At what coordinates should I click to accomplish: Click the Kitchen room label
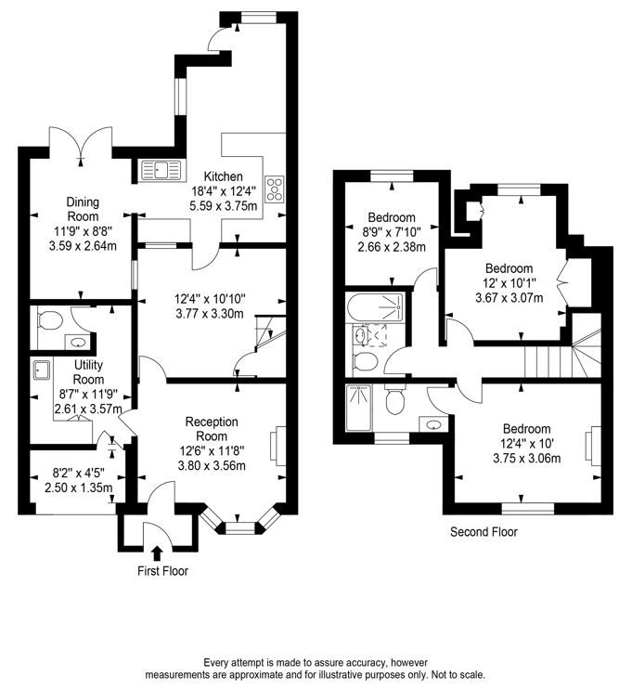coord(223,176)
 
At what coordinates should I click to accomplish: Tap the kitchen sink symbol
coord(161,170)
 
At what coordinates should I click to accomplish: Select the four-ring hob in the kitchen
coord(275,189)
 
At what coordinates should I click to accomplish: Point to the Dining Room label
coord(83,209)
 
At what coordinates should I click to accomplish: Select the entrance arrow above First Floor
coord(155,553)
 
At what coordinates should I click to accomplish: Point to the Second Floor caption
coord(484,532)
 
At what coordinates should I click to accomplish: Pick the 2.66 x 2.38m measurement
coord(391,247)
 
